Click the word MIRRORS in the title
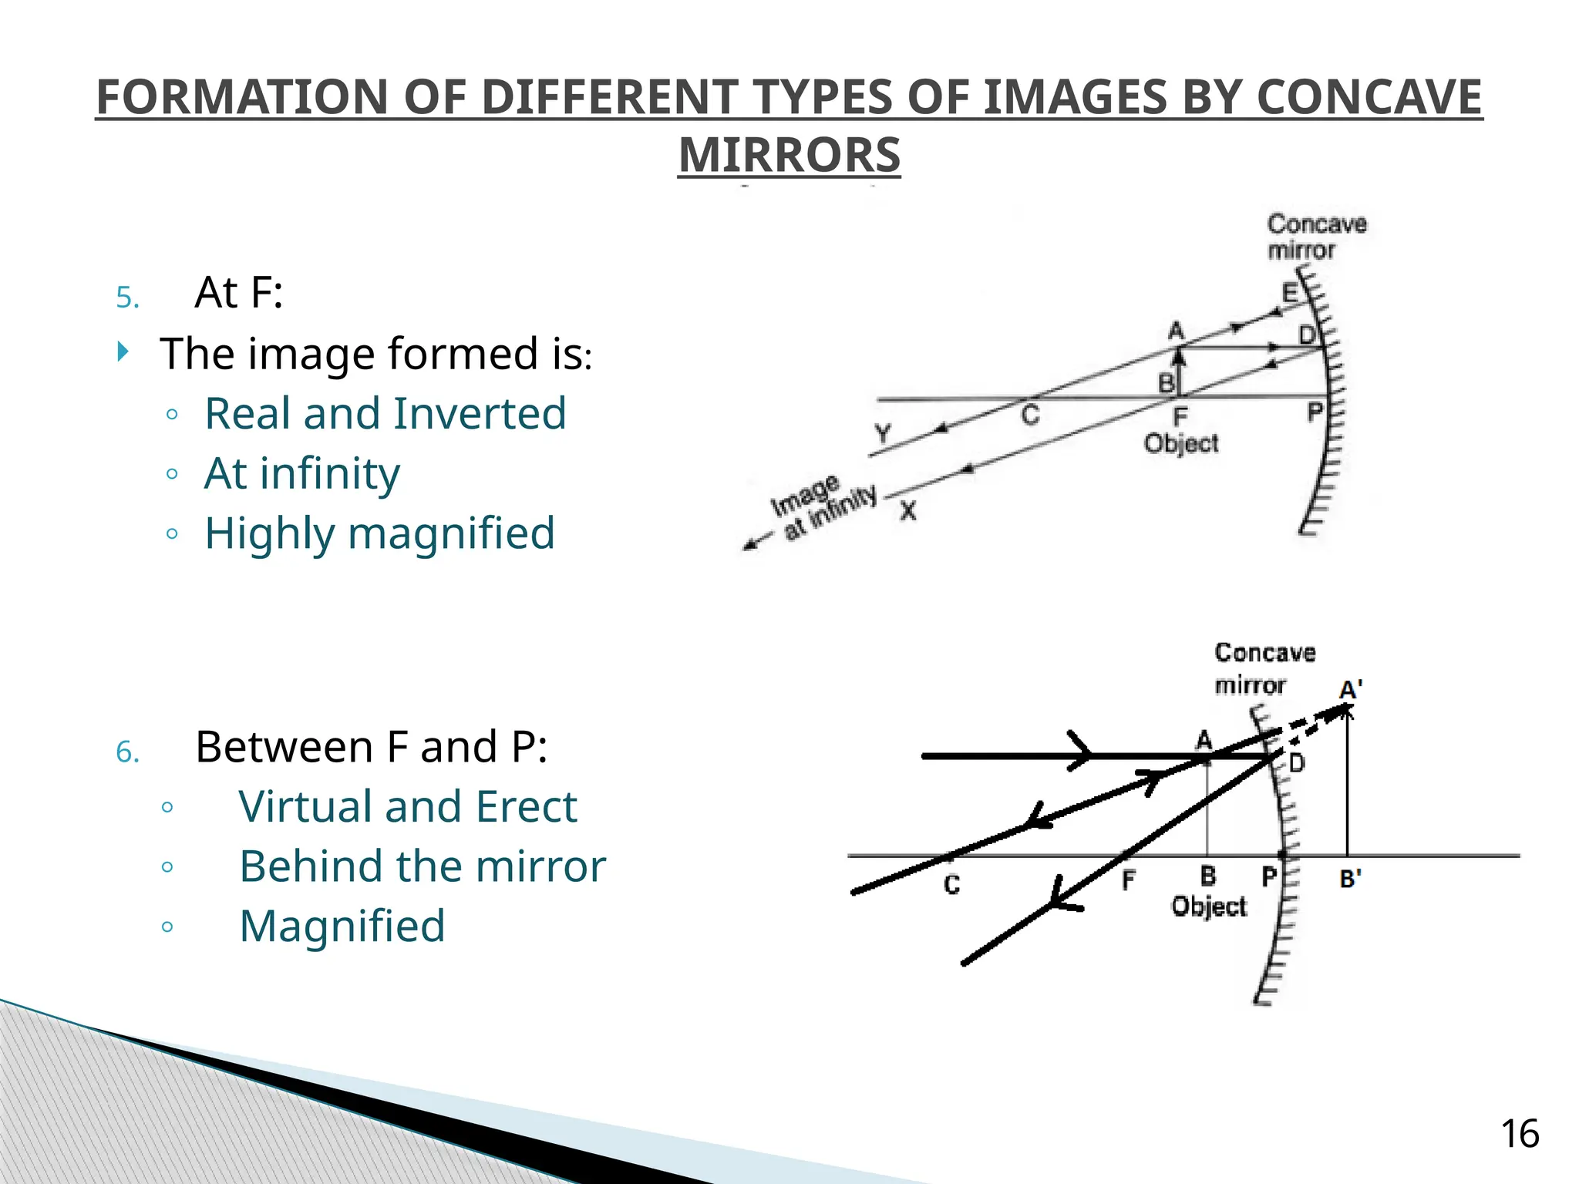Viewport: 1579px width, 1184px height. click(x=789, y=155)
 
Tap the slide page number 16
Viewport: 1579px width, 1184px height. click(x=1519, y=1134)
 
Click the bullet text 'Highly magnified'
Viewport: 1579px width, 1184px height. click(x=379, y=533)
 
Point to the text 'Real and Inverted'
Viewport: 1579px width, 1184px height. click(x=385, y=413)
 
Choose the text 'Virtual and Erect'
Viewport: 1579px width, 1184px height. click(x=407, y=806)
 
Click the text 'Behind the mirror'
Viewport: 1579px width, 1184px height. click(x=422, y=866)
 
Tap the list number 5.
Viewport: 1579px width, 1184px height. click(x=127, y=298)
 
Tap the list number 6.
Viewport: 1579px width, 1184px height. click(x=127, y=752)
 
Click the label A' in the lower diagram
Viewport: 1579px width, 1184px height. click(x=1351, y=689)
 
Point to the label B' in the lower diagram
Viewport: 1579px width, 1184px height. click(x=1350, y=879)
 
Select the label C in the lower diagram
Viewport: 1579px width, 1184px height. click(x=952, y=885)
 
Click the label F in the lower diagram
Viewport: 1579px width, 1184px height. click(x=1128, y=880)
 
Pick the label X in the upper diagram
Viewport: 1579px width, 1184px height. click(x=908, y=510)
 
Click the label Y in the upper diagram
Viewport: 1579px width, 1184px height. click(x=883, y=433)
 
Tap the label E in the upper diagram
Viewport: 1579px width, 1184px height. click(x=1289, y=294)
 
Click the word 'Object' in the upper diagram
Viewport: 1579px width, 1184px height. click(x=1180, y=444)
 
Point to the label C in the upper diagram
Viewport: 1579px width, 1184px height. click(x=1030, y=415)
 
